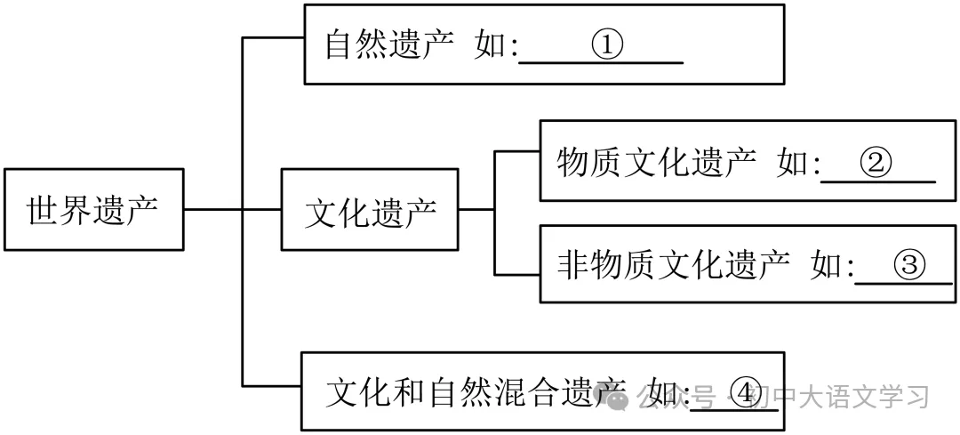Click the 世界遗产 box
click(93, 209)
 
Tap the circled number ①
click(607, 45)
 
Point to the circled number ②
click(876, 163)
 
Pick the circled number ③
click(909, 264)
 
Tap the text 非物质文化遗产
click(673, 264)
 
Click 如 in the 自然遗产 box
click(490, 45)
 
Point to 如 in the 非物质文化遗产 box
click(826, 264)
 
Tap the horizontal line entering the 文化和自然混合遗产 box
click(271, 385)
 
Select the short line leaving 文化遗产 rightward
click(476, 210)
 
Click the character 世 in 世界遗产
click(42, 210)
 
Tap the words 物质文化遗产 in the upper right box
click(656, 163)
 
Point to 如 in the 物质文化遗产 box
click(792, 163)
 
